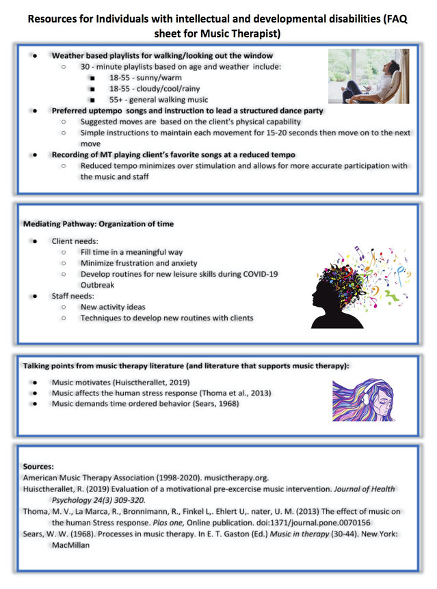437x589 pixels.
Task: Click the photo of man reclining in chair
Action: tap(368, 75)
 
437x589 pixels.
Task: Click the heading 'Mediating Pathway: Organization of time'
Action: tap(98, 224)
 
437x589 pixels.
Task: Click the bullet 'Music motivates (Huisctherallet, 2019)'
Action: tap(120, 382)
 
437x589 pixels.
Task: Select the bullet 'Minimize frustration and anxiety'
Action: tap(139, 262)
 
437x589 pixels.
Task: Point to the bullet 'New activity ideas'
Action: tap(113, 307)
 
